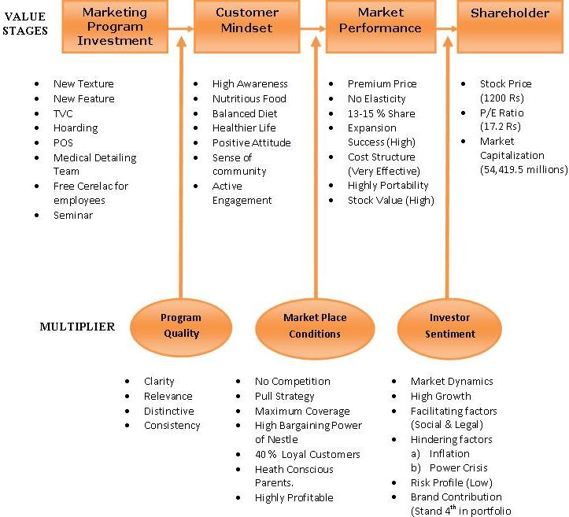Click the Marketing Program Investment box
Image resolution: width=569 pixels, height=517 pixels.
pyautogui.click(x=115, y=27)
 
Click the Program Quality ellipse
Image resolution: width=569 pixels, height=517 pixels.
pyautogui.click(x=180, y=325)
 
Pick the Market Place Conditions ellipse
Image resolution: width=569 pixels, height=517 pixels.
pyautogui.click(x=314, y=325)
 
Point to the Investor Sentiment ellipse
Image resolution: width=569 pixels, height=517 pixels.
pyautogui.click(x=449, y=325)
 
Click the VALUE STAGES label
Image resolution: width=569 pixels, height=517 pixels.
pyautogui.click(x=24, y=23)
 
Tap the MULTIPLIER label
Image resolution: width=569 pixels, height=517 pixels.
pyautogui.click(x=77, y=327)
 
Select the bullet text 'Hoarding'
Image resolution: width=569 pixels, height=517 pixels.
pyautogui.click(x=76, y=127)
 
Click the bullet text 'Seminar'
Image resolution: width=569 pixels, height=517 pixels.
pyautogui.click(x=73, y=215)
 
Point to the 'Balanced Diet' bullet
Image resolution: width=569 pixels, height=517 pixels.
pyautogui.click(x=245, y=113)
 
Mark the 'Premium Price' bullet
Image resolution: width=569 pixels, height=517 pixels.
pyautogui.click(x=382, y=83)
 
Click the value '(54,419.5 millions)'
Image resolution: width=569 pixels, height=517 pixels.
pyautogui.click(x=523, y=169)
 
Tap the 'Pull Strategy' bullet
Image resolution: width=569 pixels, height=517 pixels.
pyautogui.click(x=284, y=396)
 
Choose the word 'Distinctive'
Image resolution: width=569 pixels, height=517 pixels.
pyautogui.click(x=168, y=411)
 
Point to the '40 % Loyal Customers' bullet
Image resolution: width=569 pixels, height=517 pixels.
pyautogui.click(x=307, y=454)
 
